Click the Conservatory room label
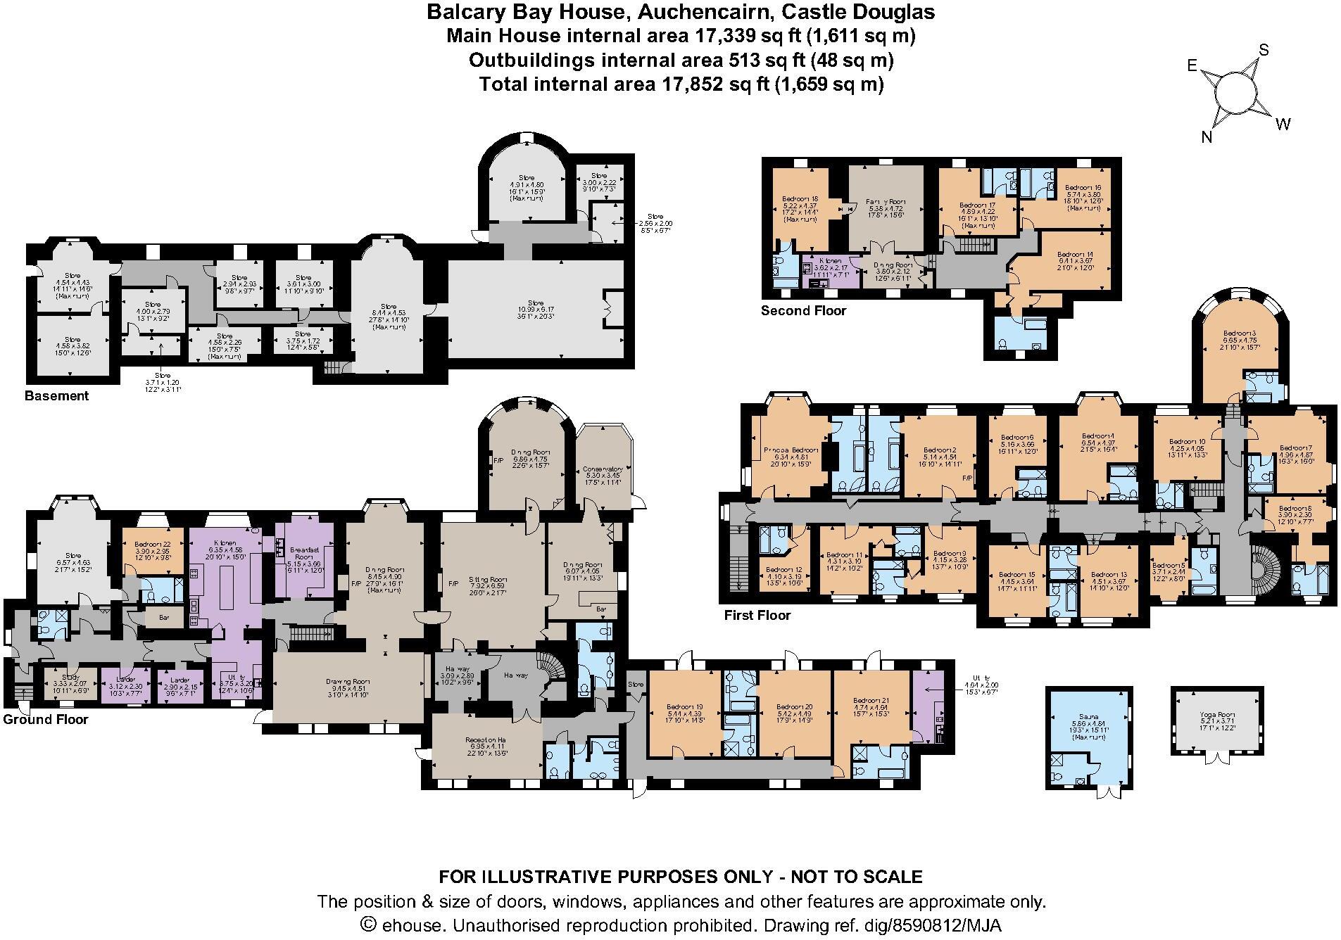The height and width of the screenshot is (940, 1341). [x=603, y=469]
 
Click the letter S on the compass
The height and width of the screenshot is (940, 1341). [x=1264, y=50]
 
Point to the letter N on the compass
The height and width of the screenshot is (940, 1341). [x=1207, y=137]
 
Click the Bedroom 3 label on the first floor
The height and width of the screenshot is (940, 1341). [x=1240, y=333]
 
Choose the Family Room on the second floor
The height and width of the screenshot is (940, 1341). [x=884, y=201]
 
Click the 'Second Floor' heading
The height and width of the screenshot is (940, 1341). [x=803, y=310]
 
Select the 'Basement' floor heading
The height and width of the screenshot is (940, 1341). [x=56, y=395]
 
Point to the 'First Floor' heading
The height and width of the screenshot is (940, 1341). [x=757, y=615]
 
